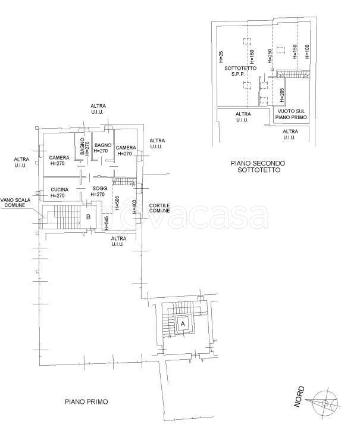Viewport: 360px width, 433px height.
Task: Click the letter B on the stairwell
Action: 88,217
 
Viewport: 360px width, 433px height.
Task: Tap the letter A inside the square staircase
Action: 183,323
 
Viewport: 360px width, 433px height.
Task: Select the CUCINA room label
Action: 60,190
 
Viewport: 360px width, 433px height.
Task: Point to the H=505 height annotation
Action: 117,203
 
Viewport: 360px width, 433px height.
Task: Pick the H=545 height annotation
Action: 107,223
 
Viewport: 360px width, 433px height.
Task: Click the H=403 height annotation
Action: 134,207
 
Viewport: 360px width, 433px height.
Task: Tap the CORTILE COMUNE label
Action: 159,208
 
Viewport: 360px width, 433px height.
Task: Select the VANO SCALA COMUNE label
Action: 15,203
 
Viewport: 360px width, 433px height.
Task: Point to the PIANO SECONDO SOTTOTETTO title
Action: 258,167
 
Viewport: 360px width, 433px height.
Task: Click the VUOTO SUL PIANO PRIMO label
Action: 292,114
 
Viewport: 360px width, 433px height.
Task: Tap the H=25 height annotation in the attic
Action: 221,57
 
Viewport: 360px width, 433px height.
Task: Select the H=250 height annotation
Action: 270,56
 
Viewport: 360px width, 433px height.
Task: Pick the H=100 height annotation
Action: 307,52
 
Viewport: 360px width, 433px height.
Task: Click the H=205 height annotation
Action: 282,95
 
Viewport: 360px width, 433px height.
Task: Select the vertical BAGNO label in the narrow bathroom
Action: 82,148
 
